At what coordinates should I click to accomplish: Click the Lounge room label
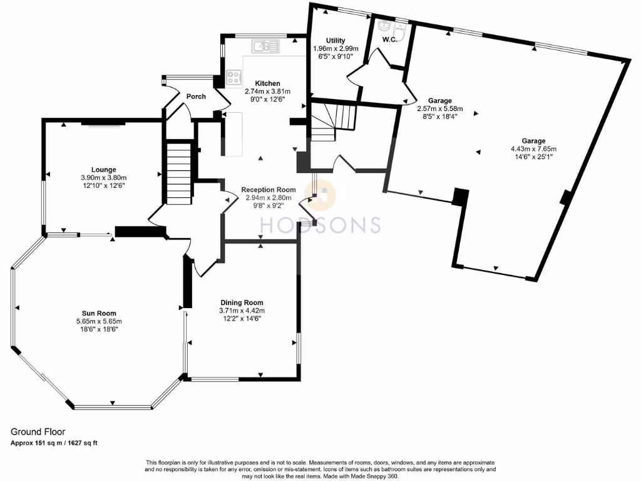(x=103, y=169)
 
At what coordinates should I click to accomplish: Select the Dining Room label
(x=242, y=303)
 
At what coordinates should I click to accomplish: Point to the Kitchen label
(x=268, y=83)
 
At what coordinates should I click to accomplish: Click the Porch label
(x=196, y=96)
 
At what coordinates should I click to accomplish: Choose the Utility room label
(x=336, y=40)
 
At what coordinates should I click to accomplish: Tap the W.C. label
(x=389, y=39)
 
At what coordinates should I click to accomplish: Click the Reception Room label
(x=268, y=190)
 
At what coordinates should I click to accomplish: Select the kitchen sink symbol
(x=265, y=46)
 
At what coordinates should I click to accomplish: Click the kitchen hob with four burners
(x=234, y=77)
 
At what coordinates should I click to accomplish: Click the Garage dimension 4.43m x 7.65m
(x=533, y=149)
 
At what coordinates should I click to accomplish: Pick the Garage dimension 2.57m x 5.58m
(x=440, y=108)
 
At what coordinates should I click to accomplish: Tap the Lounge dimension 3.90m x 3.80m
(x=104, y=177)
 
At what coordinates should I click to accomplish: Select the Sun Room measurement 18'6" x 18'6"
(x=99, y=329)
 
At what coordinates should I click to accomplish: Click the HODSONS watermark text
(x=321, y=225)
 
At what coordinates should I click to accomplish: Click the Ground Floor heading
(x=38, y=432)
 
